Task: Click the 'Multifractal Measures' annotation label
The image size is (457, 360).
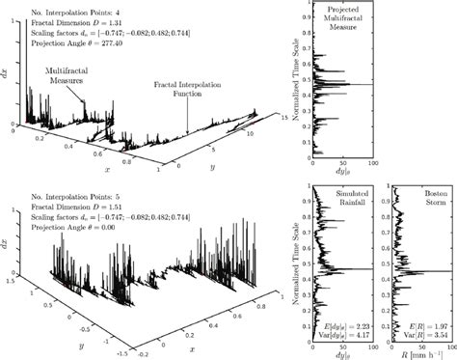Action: pyautogui.click(x=67, y=77)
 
